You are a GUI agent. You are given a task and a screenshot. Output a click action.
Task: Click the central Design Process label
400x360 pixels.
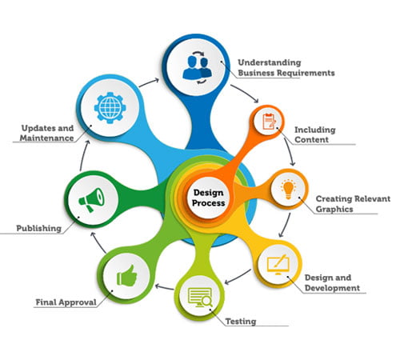(208, 198)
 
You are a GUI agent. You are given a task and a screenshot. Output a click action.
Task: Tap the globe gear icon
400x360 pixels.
(110, 108)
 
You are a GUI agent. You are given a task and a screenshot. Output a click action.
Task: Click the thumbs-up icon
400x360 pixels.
(127, 275)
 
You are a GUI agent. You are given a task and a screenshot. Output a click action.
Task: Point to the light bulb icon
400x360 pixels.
(289, 189)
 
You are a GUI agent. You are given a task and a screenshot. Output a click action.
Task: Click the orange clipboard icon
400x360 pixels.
(269, 122)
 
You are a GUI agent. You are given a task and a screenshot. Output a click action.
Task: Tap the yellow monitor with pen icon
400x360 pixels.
(278, 265)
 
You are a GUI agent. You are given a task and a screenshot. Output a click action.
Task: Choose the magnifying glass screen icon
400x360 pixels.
(200, 298)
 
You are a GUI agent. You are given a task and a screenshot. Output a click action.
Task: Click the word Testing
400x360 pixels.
(241, 322)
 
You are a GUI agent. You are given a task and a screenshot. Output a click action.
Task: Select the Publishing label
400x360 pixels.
(39, 228)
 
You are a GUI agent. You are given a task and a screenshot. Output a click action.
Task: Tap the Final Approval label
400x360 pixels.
(66, 302)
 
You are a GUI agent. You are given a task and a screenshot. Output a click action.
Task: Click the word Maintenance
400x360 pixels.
(46, 138)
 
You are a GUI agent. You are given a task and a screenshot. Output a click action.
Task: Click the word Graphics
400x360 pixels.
(334, 209)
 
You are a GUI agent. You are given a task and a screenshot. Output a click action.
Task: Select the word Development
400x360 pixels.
(332, 288)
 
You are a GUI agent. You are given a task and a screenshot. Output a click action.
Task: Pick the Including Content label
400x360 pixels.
(315, 134)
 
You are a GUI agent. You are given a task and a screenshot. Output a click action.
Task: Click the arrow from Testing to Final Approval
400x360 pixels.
(164, 287)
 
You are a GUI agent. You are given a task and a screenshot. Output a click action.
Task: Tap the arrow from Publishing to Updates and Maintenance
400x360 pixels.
(83, 155)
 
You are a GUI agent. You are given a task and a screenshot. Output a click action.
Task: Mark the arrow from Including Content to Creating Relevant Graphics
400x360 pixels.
(290, 151)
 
